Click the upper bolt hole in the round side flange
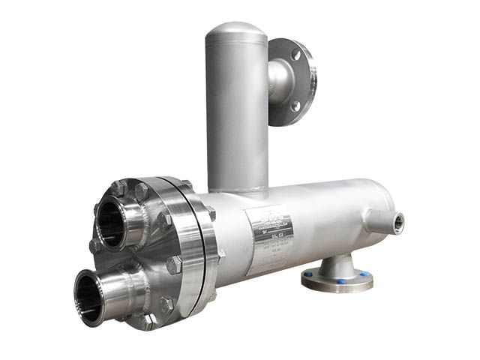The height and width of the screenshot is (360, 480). pyautogui.click(x=296, y=55)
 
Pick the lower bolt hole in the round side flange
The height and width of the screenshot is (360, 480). pyautogui.click(x=295, y=106)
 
